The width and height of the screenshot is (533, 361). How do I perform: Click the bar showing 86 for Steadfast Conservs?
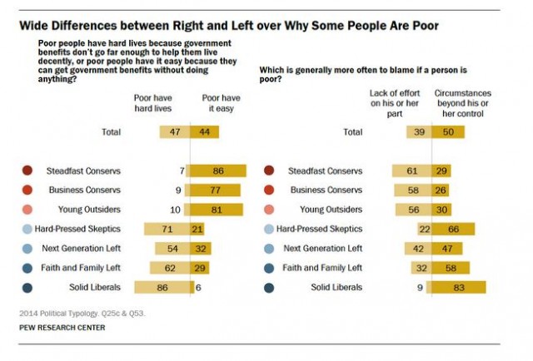point(218,171)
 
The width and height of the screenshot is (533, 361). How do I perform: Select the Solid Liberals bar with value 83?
point(458,287)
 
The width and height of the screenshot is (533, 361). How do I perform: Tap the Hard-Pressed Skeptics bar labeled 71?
point(167,229)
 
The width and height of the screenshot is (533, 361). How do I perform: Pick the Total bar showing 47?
point(175,131)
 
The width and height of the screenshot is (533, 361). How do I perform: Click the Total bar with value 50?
point(448,132)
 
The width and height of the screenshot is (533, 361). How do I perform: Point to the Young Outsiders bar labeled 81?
point(217,210)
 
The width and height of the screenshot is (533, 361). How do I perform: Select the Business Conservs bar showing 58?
point(414,190)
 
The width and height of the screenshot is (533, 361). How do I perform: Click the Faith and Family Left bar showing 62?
point(170,268)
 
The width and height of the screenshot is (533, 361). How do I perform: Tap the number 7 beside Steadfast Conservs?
point(181,171)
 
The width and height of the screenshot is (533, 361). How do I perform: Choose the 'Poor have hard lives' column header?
point(153,103)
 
